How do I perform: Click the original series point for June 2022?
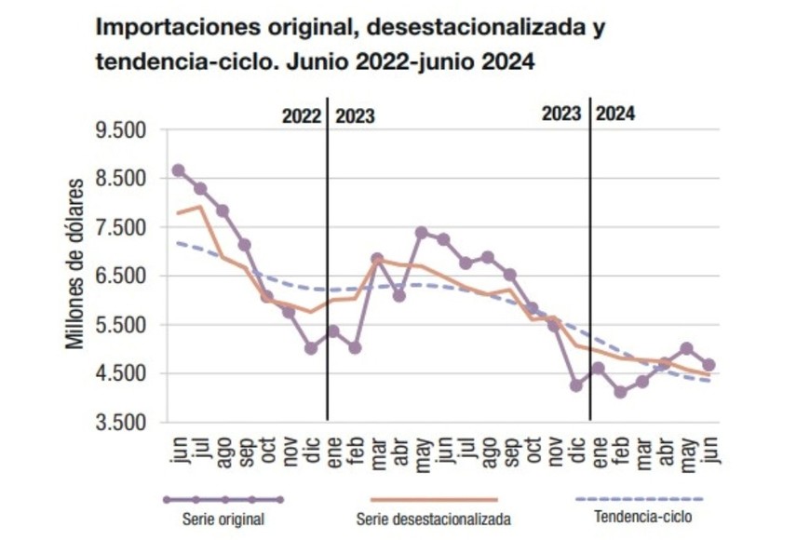click(x=179, y=170)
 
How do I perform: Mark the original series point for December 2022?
click(x=311, y=348)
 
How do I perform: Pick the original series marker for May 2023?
click(x=421, y=232)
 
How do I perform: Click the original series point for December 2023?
click(x=576, y=385)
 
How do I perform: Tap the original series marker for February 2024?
click(x=620, y=392)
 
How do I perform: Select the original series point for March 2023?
click(x=377, y=259)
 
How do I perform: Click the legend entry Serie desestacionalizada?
click(x=434, y=519)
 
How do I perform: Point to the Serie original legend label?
click(x=223, y=519)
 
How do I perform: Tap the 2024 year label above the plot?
click(x=616, y=115)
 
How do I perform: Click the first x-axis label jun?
click(x=179, y=449)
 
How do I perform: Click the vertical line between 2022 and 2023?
click(x=328, y=279)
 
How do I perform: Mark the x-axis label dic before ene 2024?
click(x=576, y=449)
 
